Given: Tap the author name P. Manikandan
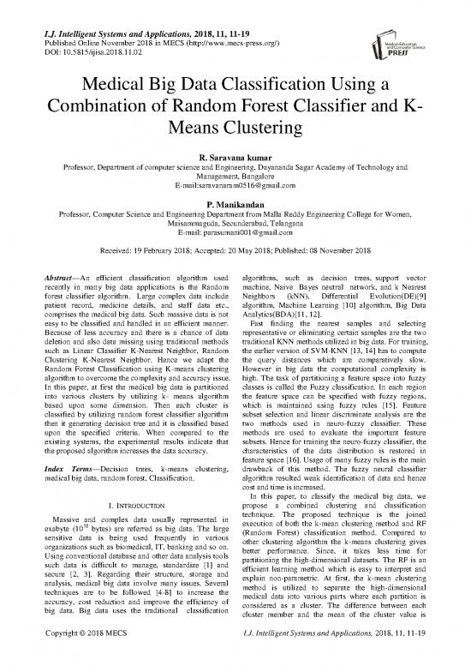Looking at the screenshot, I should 235,205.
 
